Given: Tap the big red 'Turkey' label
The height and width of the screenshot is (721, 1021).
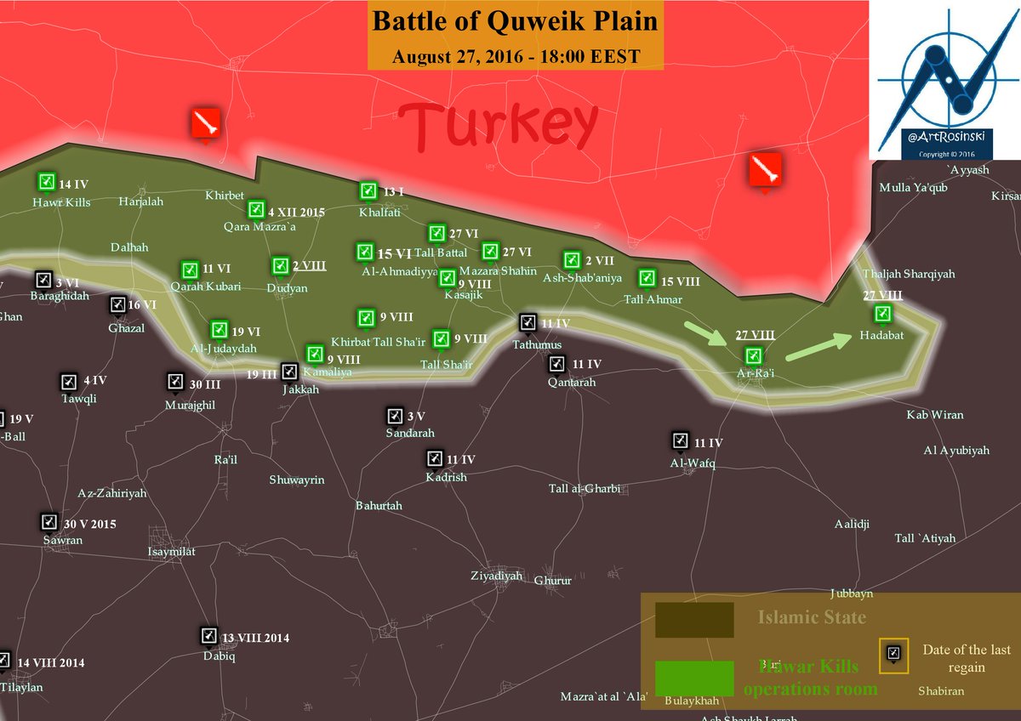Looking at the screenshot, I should [498, 125].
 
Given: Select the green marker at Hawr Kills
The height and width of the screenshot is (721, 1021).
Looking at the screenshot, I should [46, 182].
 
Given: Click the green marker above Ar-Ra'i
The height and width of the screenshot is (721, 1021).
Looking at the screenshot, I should [753, 355].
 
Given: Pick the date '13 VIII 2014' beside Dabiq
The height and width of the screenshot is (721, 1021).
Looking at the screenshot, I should [256, 638].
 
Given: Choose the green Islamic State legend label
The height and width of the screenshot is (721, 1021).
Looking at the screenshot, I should [812, 618].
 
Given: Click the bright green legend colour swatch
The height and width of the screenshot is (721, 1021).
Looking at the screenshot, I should [694, 678].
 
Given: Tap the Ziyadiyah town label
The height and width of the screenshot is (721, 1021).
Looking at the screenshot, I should [496, 576].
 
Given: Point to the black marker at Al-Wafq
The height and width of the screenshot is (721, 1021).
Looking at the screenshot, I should [680, 440].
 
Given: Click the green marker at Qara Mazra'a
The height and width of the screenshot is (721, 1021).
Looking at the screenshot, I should [255, 209].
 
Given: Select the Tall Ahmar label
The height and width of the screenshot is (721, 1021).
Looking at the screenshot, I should [653, 299].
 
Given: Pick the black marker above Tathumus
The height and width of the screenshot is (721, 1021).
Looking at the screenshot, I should [528, 321].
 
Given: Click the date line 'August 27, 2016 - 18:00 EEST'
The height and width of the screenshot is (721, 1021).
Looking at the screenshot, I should [516, 58].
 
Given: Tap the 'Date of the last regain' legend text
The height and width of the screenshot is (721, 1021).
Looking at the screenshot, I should [967, 658].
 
